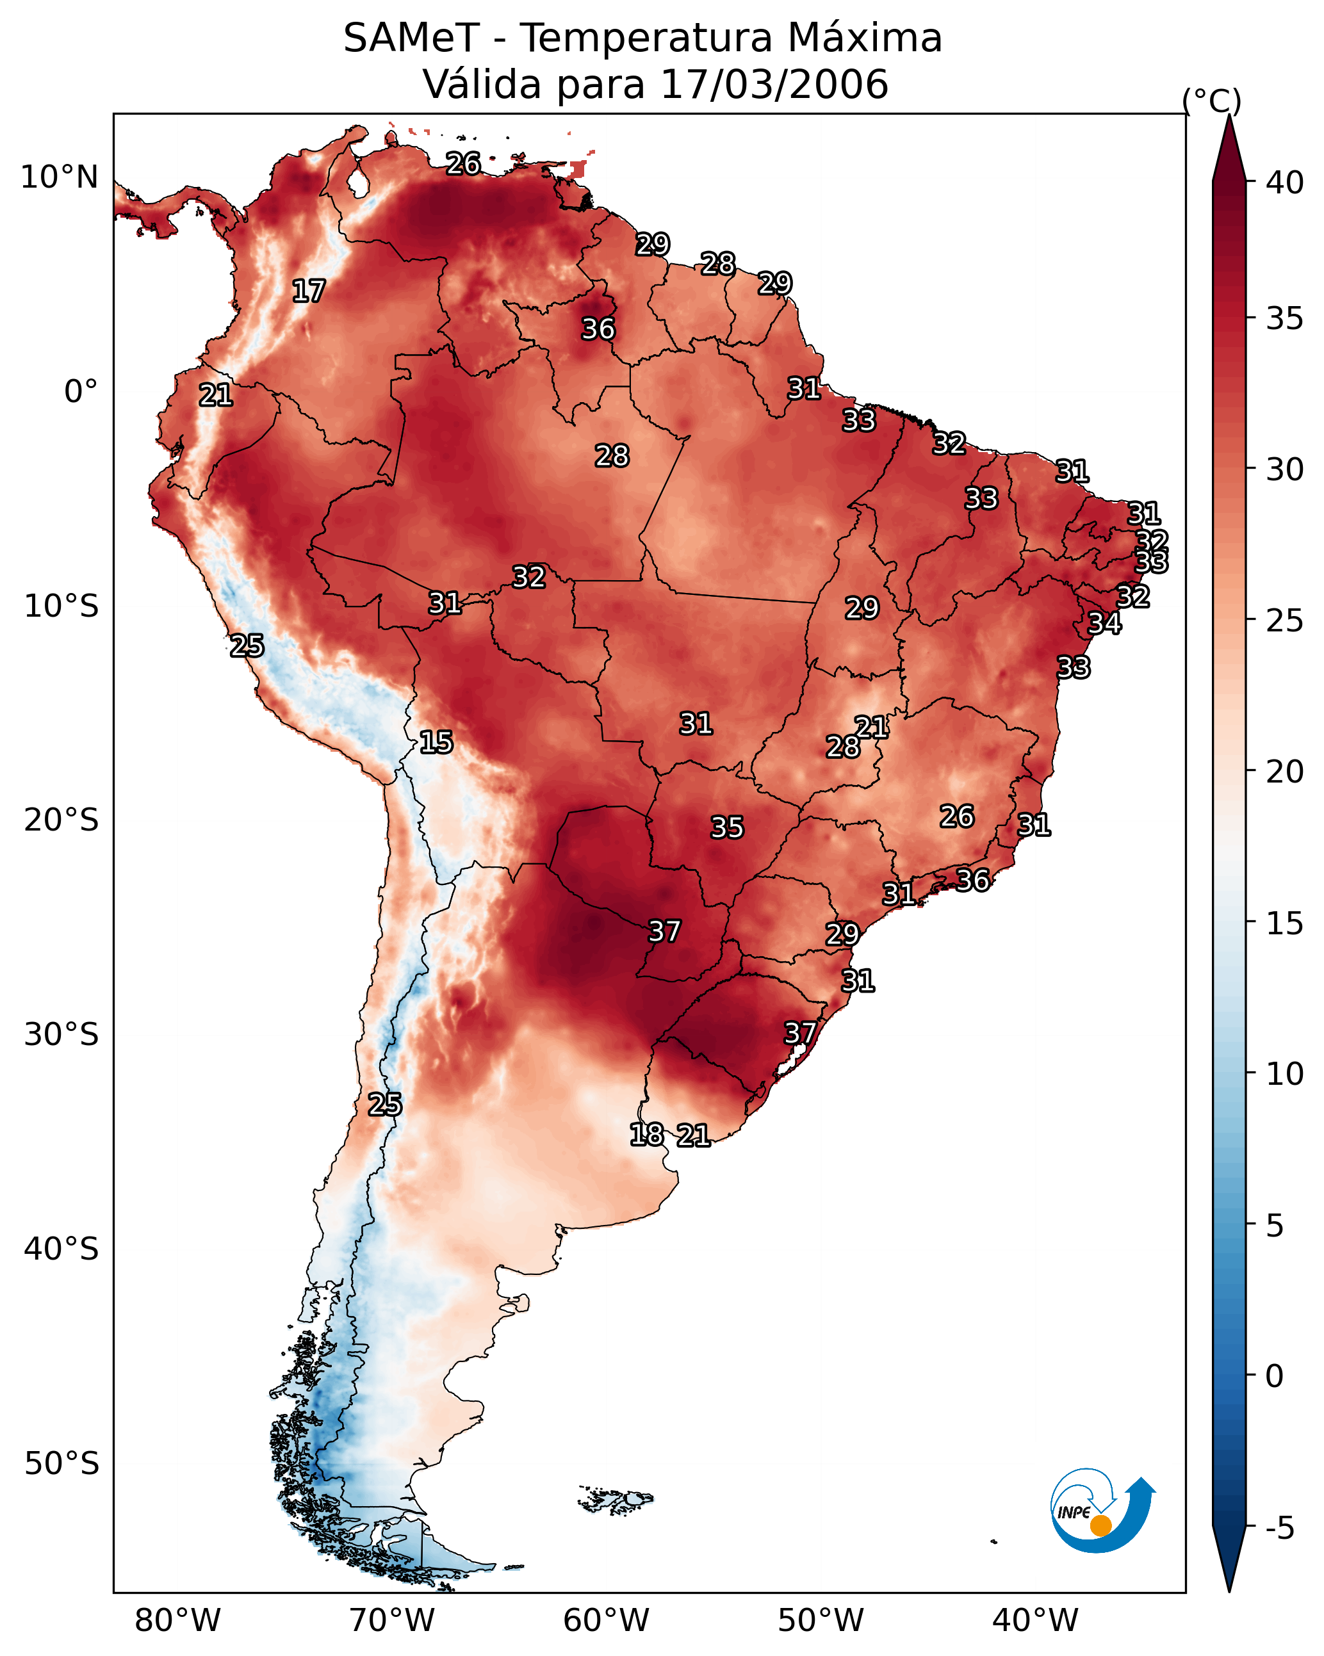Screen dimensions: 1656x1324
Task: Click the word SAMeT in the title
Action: pyautogui.click(x=411, y=38)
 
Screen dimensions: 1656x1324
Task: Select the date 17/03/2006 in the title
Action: pyautogui.click(x=774, y=85)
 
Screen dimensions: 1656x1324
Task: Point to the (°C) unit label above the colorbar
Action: pyautogui.click(x=1211, y=101)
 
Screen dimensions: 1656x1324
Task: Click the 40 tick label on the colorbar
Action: pyautogui.click(x=1285, y=183)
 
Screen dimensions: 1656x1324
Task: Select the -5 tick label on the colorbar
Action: pyautogui.click(x=1280, y=1529)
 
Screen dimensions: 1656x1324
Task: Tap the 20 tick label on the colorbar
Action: pyautogui.click(x=1285, y=771)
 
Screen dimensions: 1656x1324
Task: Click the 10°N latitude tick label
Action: pyautogui.click(x=60, y=177)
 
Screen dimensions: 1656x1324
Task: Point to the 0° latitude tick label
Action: pyautogui.click(x=81, y=392)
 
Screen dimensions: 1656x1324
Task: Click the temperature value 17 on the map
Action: pyautogui.click(x=309, y=291)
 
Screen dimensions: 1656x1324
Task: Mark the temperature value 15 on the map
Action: pyautogui.click(x=436, y=742)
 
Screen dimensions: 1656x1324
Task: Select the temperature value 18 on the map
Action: pyautogui.click(x=647, y=1135)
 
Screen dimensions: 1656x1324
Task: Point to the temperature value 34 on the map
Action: pyautogui.click(x=1105, y=623)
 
